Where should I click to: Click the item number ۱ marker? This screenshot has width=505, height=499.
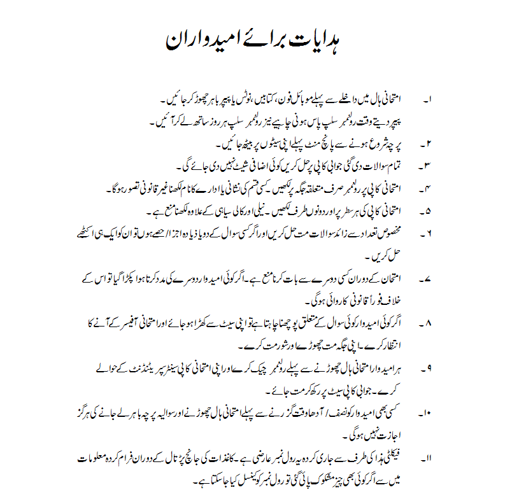point(428,101)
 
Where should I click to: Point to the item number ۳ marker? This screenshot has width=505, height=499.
point(428,167)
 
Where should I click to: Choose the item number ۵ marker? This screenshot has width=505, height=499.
point(428,211)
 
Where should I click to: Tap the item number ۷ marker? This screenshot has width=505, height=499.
point(428,278)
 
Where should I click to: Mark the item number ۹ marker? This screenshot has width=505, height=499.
point(428,368)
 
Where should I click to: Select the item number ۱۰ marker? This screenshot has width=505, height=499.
point(427,413)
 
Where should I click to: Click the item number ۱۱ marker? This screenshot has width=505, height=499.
point(427,458)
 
